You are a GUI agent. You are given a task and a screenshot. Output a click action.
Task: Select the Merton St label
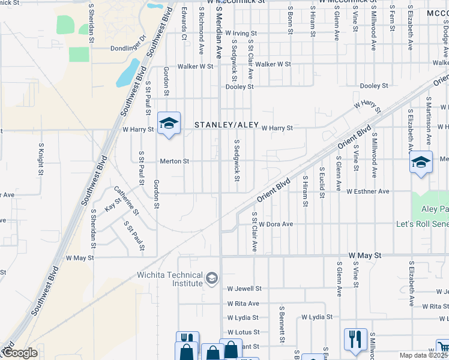[175, 161]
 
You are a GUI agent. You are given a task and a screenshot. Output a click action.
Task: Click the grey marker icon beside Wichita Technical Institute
[211, 278]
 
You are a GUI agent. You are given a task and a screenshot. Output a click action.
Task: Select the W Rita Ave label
[243, 304]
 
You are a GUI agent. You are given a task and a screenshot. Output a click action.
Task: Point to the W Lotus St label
[243, 332]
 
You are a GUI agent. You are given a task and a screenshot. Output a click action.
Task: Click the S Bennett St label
[281, 326]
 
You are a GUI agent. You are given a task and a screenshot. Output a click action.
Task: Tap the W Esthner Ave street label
[368, 191]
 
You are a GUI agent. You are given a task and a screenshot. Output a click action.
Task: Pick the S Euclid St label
[323, 179]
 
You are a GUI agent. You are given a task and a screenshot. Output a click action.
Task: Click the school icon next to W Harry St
[169, 124]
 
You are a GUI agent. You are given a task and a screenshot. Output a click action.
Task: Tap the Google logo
[19, 353]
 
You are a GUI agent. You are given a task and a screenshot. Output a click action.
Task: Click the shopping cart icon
[442, 348]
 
